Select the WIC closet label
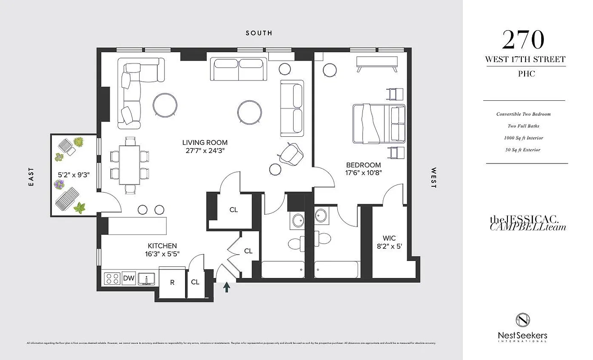tap(389, 238)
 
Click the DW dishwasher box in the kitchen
tap(129, 279)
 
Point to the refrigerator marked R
tap(172, 283)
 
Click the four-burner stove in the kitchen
tap(111, 279)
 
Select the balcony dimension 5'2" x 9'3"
tap(74, 175)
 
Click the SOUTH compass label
tap(258, 33)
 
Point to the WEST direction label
tap(434, 178)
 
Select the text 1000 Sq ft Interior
tap(524, 138)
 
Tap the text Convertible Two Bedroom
tap(523, 114)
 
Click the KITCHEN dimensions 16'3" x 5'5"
tap(162, 254)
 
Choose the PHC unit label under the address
tap(525, 74)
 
